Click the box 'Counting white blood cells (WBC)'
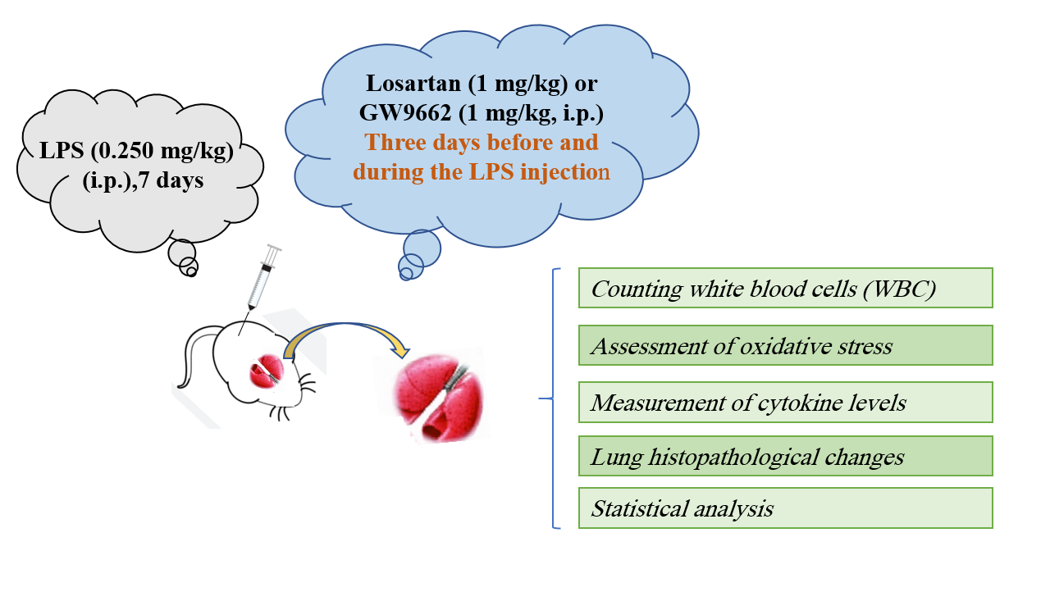pyautogui.click(x=785, y=288)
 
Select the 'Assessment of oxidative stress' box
pyautogui.click(x=785, y=345)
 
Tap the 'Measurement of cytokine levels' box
pyautogui.click(x=785, y=402)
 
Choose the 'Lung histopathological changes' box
pyautogui.click(x=785, y=456)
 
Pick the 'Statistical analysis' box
pyautogui.click(x=785, y=508)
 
